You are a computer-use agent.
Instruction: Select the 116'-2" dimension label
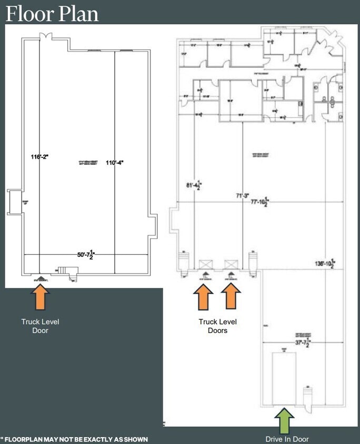click(x=39, y=157)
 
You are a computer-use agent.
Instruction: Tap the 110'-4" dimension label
click(x=114, y=162)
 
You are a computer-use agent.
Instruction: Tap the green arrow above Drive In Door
click(x=284, y=421)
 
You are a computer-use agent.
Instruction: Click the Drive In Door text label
click(x=287, y=439)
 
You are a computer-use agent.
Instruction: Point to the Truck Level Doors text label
click(x=217, y=326)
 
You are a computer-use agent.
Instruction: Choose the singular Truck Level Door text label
click(x=41, y=326)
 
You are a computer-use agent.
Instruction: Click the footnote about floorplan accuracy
click(x=75, y=439)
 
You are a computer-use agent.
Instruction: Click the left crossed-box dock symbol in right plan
click(x=205, y=264)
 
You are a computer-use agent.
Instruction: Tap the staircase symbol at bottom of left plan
click(x=64, y=270)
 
